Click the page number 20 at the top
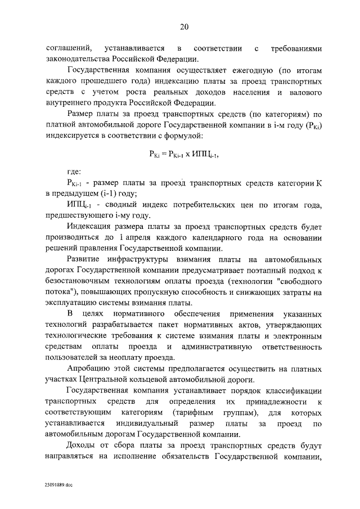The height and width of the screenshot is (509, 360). (183, 26)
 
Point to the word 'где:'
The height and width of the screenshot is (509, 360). (75, 171)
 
